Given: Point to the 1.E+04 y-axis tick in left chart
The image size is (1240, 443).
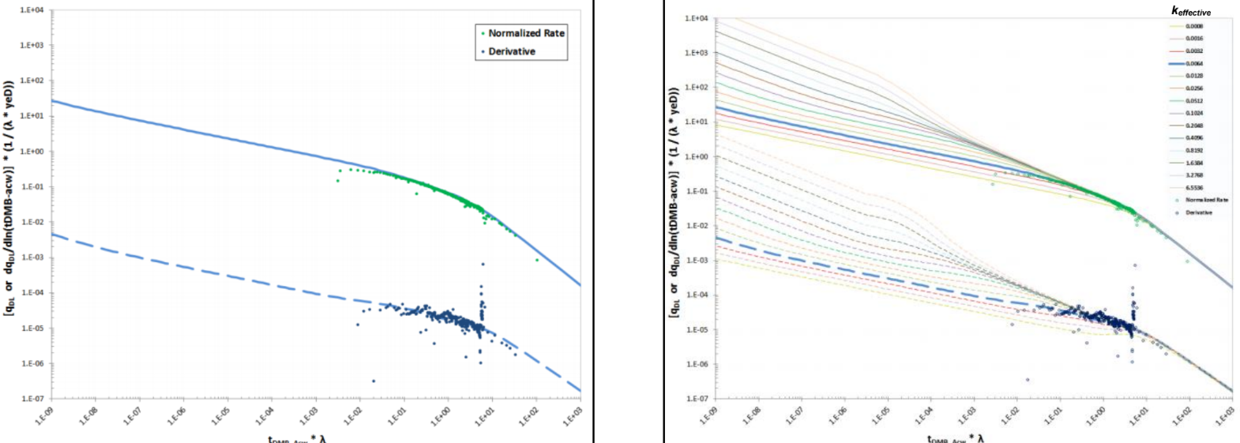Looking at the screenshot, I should [x=32, y=11].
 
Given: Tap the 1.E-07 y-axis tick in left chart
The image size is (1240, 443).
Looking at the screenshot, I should [x=32, y=399].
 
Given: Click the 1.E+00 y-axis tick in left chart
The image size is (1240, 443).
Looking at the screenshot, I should [x=32, y=152].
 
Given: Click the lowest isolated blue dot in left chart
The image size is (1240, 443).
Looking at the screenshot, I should [x=374, y=381].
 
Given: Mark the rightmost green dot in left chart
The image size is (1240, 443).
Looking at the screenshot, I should [x=537, y=260].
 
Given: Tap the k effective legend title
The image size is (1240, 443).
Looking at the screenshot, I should [x=1190, y=12].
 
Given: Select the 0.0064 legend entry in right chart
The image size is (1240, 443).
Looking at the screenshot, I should [x=1194, y=63].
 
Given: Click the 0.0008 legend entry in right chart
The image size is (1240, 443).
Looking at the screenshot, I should [x=1194, y=26].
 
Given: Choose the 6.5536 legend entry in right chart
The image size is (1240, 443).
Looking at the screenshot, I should [x=1194, y=188].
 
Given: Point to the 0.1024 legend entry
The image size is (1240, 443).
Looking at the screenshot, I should [x=1194, y=113].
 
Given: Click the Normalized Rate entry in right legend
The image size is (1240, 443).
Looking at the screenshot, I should [x=1206, y=200].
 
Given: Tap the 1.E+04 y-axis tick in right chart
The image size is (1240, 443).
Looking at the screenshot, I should [x=696, y=18].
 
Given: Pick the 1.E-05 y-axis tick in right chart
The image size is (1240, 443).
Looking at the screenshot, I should [x=696, y=329].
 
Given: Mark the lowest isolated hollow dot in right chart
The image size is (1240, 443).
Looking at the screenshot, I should [x=1028, y=380].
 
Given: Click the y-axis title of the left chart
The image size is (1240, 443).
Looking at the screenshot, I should [x=9, y=197].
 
